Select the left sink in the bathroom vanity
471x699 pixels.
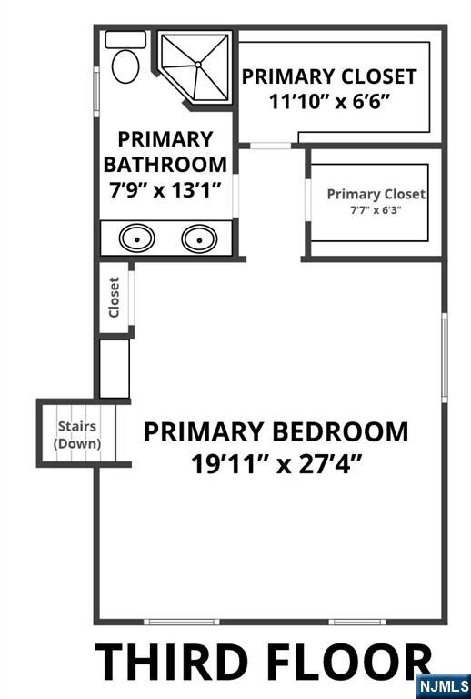pos(137,238)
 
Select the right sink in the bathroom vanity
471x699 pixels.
pos(199,238)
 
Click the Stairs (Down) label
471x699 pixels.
pos(77,435)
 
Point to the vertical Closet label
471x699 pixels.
pos(115,298)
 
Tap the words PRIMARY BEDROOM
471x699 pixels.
pos(276,431)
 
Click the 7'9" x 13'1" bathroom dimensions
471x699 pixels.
pos(165,192)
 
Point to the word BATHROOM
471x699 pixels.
pos(165,165)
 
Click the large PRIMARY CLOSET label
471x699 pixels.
pos(329,76)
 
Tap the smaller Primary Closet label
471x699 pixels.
pos(376,194)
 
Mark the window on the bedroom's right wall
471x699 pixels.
pos(444,357)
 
